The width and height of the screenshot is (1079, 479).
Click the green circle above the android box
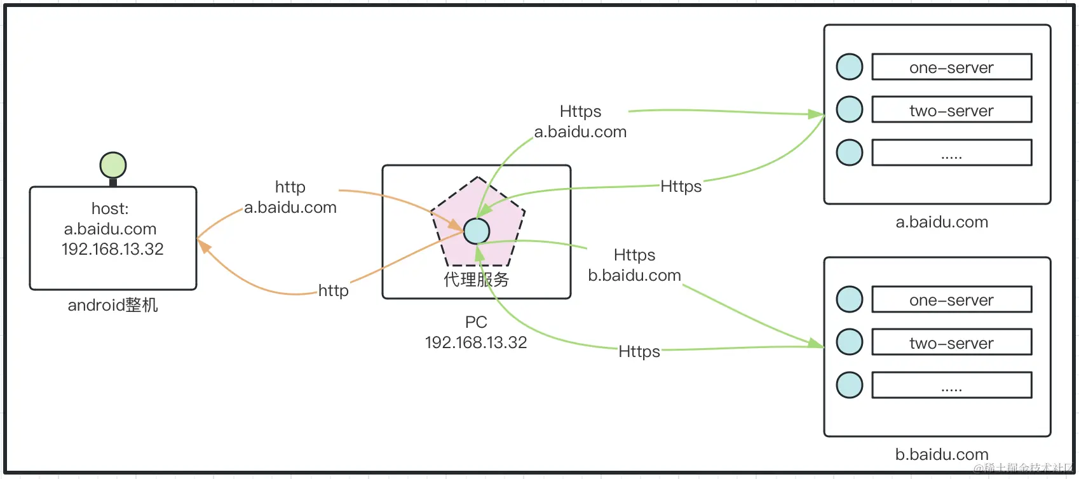113,165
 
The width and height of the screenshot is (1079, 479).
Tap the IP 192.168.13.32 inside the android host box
112,249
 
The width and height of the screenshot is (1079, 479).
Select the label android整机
112,306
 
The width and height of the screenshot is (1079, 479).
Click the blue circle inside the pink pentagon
477,231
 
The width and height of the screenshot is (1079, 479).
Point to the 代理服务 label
476,280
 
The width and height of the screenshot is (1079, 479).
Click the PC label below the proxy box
476,322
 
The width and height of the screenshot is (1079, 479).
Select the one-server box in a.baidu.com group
951,67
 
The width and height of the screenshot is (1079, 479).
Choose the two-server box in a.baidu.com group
951,110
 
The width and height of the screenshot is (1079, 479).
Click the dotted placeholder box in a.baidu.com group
951,152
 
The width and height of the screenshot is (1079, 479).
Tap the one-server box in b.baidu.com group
951,300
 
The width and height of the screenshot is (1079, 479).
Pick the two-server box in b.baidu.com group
951,342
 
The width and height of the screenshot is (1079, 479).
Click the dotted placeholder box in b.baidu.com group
951,385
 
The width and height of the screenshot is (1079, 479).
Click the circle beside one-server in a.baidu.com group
850,67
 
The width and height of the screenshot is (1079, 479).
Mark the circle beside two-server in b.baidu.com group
850,342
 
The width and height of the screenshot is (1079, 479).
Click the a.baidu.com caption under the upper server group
942,222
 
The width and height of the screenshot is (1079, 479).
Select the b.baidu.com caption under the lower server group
942,455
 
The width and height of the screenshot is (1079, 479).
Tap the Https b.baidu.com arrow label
634,266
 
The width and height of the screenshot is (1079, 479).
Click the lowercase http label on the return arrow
334,291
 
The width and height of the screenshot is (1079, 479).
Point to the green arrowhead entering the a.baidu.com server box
816,114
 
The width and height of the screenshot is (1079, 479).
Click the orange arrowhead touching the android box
204,246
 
